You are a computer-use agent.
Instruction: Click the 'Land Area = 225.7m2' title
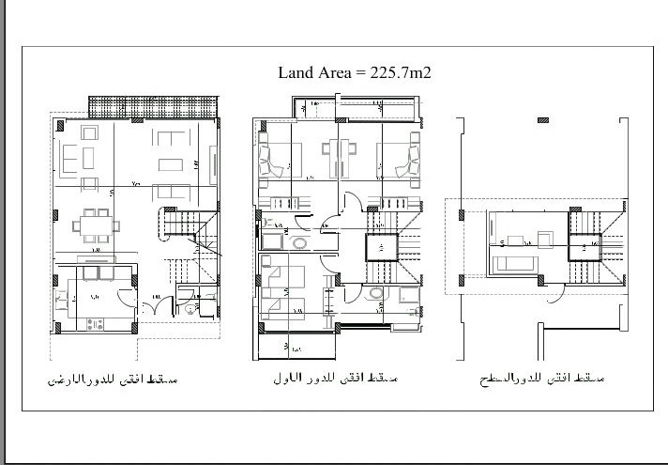click(354, 71)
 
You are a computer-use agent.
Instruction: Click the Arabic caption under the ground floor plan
click(112, 380)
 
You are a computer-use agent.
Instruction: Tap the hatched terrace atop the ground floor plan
click(153, 103)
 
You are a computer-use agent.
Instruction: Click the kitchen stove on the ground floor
click(96, 324)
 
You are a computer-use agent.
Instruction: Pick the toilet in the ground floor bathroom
click(190, 306)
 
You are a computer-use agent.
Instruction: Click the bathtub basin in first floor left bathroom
click(299, 244)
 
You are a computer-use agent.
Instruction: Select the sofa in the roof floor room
click(514, 263)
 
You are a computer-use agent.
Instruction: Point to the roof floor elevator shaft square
click(585, 247)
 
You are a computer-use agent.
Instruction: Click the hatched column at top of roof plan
click(543, 121)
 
